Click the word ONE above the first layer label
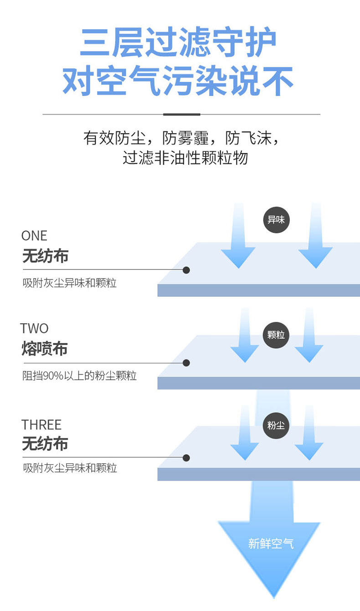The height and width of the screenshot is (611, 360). tap(34, 236)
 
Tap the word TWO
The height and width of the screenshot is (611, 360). tap(34, 328)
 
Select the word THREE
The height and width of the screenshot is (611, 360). tap(41, 425)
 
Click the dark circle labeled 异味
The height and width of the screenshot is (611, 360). tap(276, 220)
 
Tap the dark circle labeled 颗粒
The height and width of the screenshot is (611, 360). tap(276, 335)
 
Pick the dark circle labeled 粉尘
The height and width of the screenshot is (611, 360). tap(276, 425)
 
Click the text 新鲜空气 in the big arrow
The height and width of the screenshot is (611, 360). tap(271, 544)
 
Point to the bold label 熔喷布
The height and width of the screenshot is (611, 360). tap(45, 348)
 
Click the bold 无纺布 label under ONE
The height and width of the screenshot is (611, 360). tap(45, 256)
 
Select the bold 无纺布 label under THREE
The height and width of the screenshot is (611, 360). tap(45, 443)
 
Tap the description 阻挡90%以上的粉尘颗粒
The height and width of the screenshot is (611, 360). tap(79, 376)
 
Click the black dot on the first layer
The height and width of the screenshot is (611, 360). tap(186, 270)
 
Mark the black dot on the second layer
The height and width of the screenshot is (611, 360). tap(186, 363)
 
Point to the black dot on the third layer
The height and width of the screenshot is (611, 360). tap(186, 458)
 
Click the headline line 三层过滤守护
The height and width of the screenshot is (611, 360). tap(179, 42)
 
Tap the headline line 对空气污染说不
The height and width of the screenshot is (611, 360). tap(178, 80)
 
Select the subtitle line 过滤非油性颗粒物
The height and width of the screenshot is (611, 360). tap(185, 158)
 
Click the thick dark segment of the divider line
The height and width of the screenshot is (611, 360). tap(182, 114)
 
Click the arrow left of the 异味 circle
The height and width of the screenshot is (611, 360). tap(238, 236)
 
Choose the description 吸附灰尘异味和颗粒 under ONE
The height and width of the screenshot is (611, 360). tap(69, 283)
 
